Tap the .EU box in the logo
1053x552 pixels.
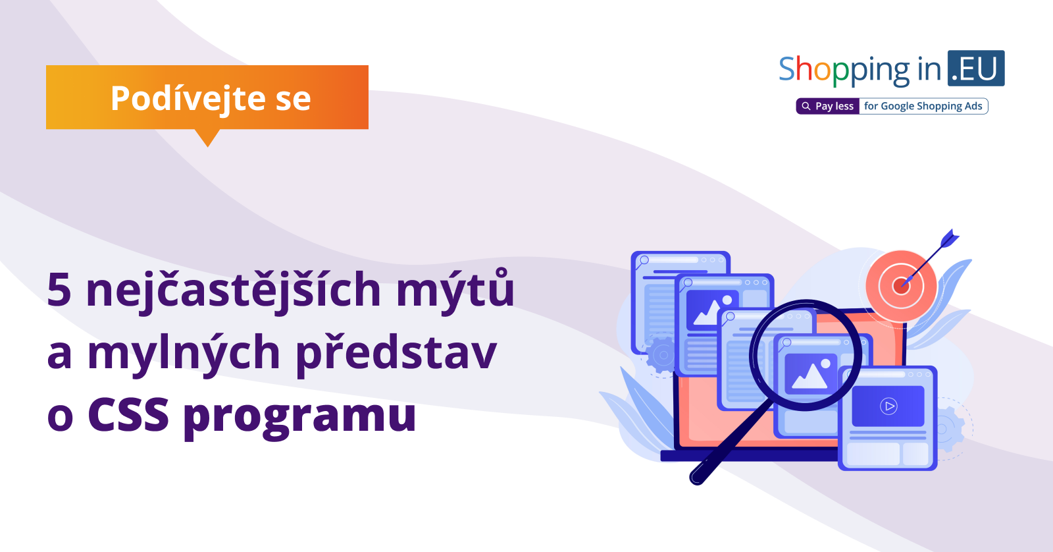[976, 69]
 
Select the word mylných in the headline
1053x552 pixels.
[184, 354]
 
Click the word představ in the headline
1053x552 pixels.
[396, 354]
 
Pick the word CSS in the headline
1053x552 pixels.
[128, 415]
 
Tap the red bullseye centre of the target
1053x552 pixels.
[901, 286]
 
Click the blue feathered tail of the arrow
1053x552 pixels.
[950, 238]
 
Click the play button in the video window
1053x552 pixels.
[888, 406]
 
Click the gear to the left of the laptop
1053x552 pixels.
[662, 355]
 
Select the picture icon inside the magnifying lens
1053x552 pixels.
[810, 372]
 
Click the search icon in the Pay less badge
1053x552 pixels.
[806, 106]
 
